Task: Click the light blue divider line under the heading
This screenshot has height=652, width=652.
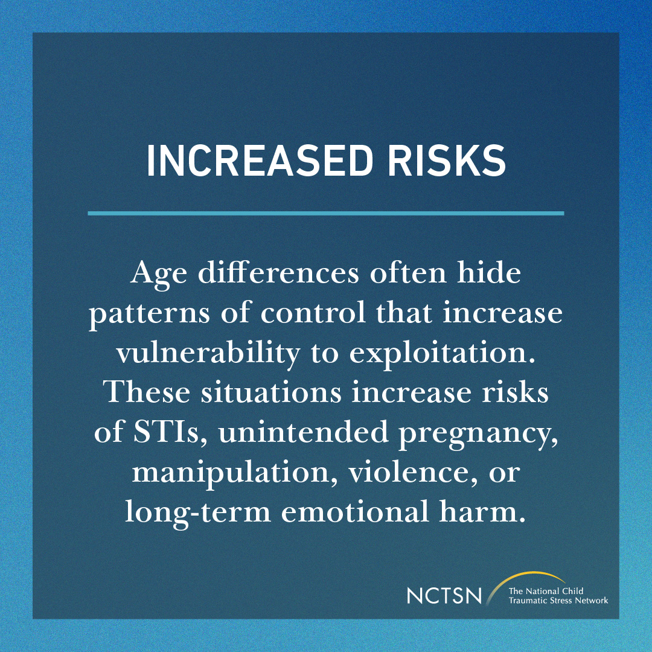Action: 326,213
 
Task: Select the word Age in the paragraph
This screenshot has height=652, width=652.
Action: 152,275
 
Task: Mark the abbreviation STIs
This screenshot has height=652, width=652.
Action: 161,433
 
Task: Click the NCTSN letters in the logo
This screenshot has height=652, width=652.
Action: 444,596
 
